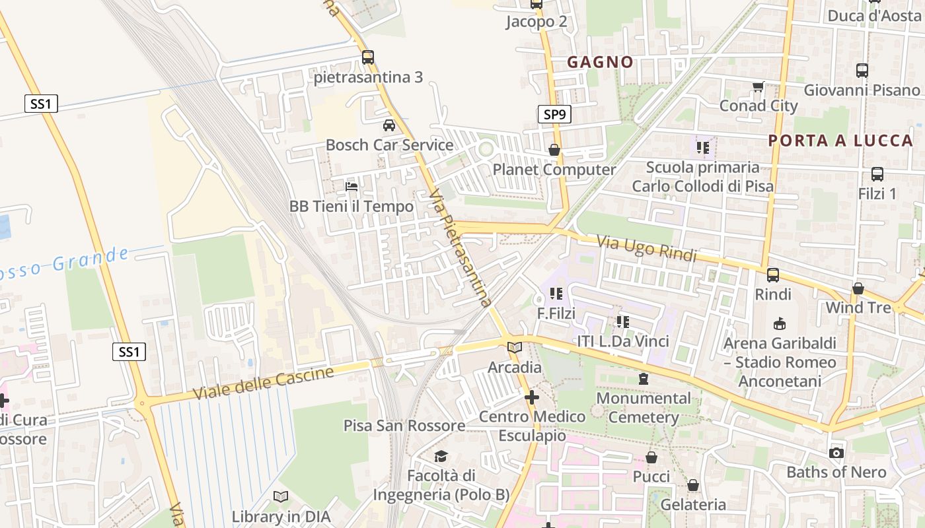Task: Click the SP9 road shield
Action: tap(554, 115)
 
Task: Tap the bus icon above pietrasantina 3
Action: tap(368, 57)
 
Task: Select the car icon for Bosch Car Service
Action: tap(389, 125)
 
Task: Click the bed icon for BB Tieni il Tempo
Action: tap(351, 187)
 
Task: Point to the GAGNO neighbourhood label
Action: tap(600, 62)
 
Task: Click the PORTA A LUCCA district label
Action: tap(840, 140)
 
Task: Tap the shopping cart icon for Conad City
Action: tap(758, 86)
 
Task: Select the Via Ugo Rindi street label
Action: tap(647, 248)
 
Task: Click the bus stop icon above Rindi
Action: tap(772, 275)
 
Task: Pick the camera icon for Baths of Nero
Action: tap(836, 453)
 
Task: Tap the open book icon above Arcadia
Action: tap(514, 347)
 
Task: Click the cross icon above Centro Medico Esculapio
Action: tap(532, 397)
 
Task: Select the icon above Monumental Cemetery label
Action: tap(643, 379)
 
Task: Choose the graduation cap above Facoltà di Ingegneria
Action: tap(441, 456)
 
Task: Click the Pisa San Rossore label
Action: tap(404, 426)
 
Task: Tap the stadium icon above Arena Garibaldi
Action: tap(780, 323)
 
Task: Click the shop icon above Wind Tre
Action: tap(858, 288)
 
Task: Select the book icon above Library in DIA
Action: tap(281, 496)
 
